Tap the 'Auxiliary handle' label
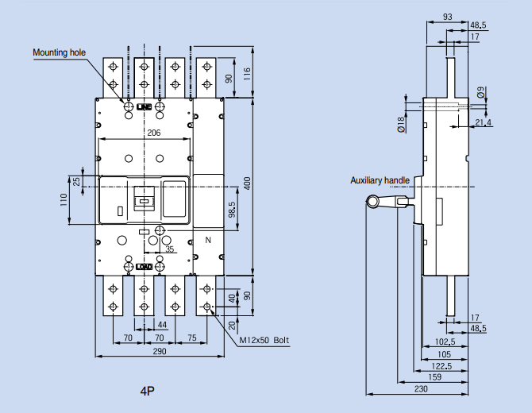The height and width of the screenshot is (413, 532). click(x=380, y=181)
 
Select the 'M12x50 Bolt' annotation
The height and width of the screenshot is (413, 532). click(x=264, y=341)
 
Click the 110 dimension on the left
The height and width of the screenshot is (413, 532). click(x=64, y=199)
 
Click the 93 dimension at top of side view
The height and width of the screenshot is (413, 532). click(x=448, y=17)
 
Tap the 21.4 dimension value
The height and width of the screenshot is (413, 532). click(x=483, y=122)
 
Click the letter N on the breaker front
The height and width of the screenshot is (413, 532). click(x=208, y=240)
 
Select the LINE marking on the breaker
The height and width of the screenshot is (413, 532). click(x=144, y=106)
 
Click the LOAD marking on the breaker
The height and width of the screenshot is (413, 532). click(x=144, y=267)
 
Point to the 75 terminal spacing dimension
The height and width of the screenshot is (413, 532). click(x=191, y=338)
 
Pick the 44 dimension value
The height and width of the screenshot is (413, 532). click(x=161, y=326)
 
